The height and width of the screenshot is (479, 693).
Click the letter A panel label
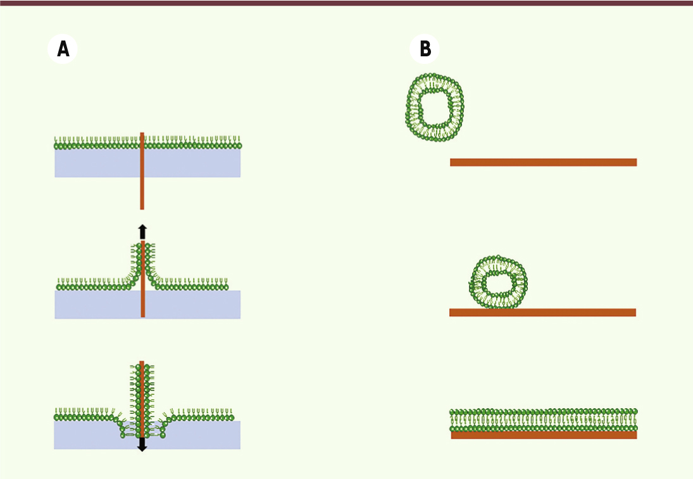pyautogui.click(x=63, y=49)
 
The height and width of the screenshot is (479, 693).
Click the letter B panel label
pyautogui.click(x=425, y=49)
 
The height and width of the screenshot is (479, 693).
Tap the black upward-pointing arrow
pyautogui.click(x=142, y=232)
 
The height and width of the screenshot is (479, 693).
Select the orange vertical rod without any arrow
pyautogui.click(x=142, y=171)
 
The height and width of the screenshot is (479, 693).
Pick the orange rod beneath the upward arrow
pyautogui.click(x=143, y=279)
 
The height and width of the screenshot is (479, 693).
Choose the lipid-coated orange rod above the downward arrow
pyautogui.click(x=142, y=399)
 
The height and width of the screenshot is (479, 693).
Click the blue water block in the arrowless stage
pyautogui.click(x=147, y=163)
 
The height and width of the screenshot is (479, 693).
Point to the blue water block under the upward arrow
pyautogui.click(x=147, y=304)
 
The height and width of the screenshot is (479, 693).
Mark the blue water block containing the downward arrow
pyautogui.click(x=147, y=435)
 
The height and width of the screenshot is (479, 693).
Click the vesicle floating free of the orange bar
pyautogui.click(x=434, y=108)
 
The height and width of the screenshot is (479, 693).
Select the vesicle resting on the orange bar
pyautogui.click(x=498, y=282)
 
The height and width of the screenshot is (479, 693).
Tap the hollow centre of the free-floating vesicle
pyautogui.click(x=435, y=108)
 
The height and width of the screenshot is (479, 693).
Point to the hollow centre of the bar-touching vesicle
pyautogui.click(x=499, y=282)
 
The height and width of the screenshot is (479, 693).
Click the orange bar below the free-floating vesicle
pyautogui.click(x=543, y=162)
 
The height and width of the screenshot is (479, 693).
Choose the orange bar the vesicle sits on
pyautogui.click(x=543, y=313)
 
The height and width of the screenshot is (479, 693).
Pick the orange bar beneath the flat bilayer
pyautogui.click(x=544, y=435)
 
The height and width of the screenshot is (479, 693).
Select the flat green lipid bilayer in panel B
pyautogui.click(x=544, y=420)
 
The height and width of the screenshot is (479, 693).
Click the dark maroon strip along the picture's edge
pyautogui.click(x=347, y=3)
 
